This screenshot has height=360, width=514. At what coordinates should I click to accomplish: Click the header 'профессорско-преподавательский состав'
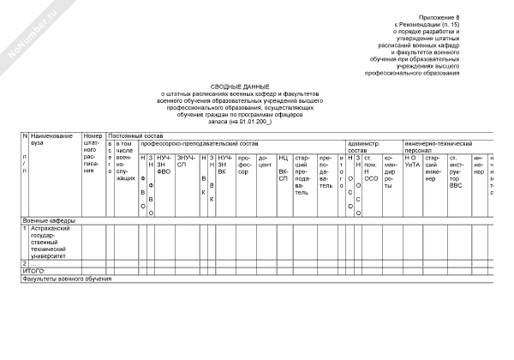199,143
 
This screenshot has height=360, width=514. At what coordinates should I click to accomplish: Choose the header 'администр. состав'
363,147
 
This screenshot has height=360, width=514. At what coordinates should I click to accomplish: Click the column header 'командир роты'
391,169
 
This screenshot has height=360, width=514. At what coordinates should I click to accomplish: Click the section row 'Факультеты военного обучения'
68,279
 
